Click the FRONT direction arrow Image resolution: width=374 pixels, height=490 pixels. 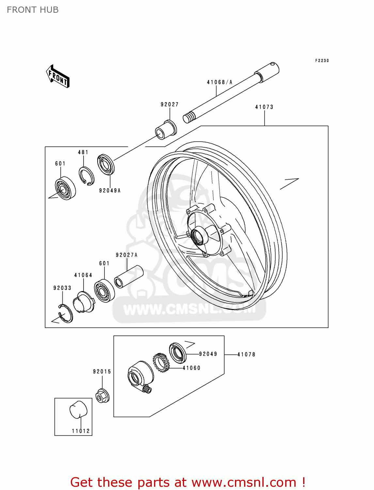(x=58, y=76)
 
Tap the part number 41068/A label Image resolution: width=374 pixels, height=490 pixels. (x=219, y=82)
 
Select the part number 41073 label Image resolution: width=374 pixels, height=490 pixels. (x=264, y=107)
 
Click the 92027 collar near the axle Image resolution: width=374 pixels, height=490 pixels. (x=165, y=130)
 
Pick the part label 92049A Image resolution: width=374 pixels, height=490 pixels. (x=110, y=191)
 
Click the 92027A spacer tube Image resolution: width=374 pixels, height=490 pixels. (x=129, y=276)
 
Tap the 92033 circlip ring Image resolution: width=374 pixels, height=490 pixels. (x=66, y=313)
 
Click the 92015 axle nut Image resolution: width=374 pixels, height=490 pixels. (x=102, y=395)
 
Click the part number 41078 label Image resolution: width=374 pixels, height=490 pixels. (x=246, y=354)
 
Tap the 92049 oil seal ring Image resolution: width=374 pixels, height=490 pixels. (x=178, y=353)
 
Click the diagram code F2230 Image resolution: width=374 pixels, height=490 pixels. (x=322, y=61)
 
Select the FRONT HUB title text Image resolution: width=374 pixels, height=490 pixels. (x=33, y=10)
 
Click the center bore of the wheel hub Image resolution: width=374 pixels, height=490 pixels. (x=198, y=236)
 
